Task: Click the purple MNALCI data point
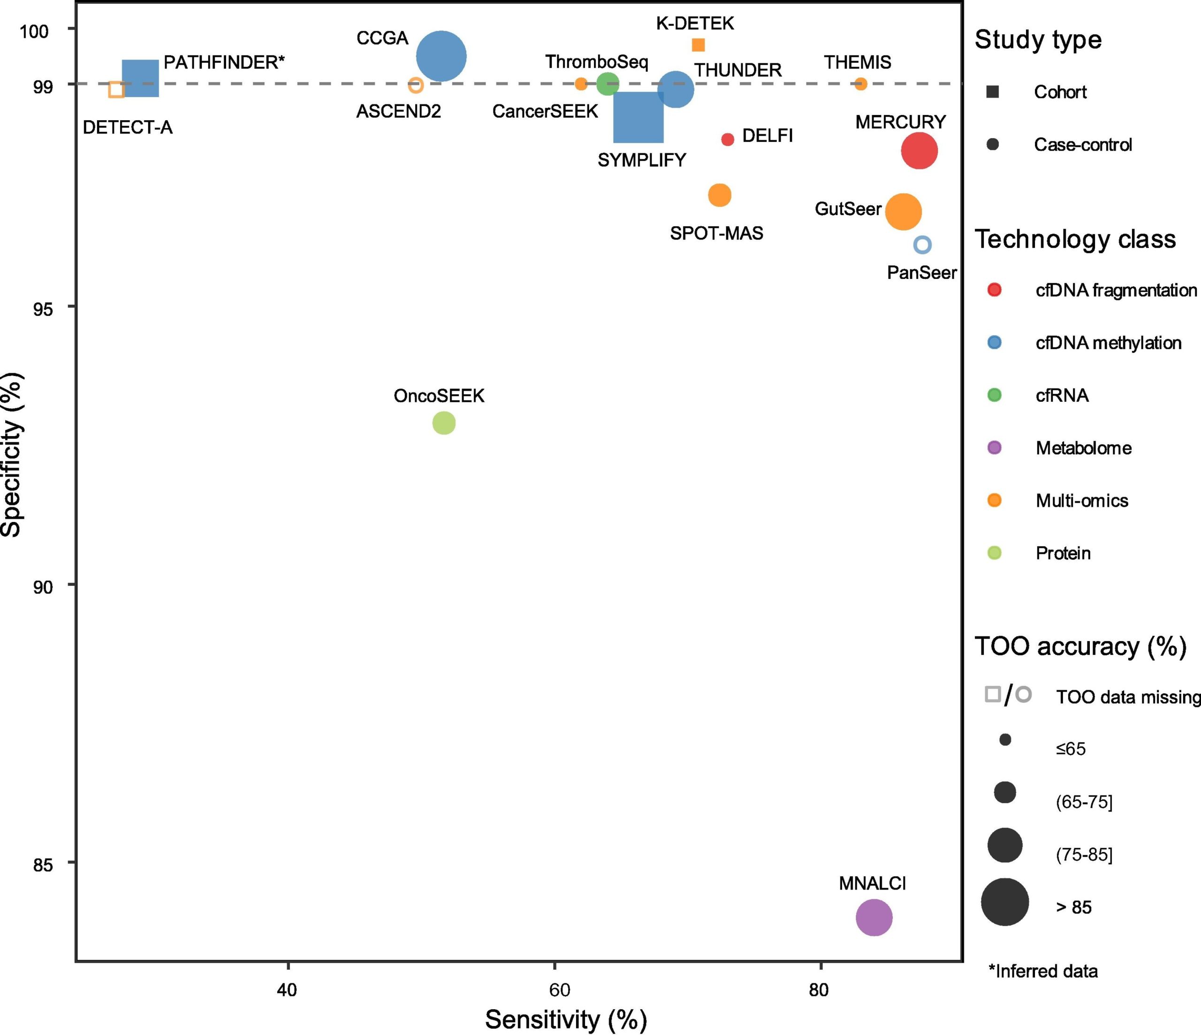[x=874, y=917]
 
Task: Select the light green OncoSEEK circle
[x=444, y=423]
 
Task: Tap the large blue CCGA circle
[x=441, y=56]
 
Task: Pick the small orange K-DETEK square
[x=699, y=45]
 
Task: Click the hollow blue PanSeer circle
[x=922, y=245]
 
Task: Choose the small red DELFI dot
[x=728, y=139]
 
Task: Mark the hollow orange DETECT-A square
[x=116, y=90]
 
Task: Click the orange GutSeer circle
[x=903, y=212]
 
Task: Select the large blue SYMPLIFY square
[x=638, y=117]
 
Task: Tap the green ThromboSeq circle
[x=608, y=84]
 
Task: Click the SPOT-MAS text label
[x=716, y=233]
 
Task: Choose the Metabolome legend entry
[x=1083, y=448]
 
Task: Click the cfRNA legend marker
[x=994, y=395]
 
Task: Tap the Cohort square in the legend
[x=992, y=92]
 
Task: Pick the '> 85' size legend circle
[x=1004, y=902]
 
